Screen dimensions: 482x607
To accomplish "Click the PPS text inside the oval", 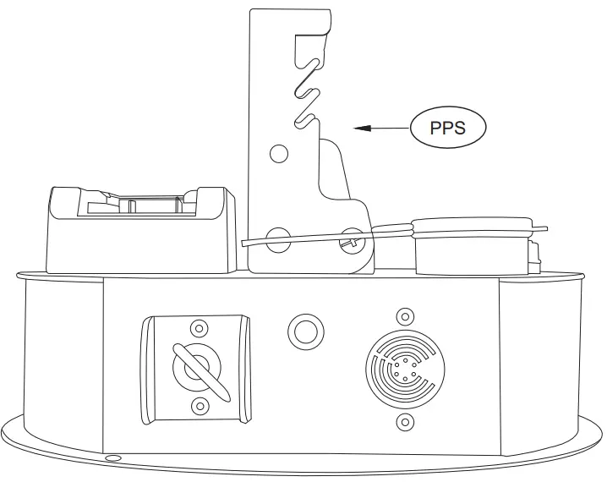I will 448,129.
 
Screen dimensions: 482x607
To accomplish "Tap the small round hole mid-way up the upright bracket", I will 278,153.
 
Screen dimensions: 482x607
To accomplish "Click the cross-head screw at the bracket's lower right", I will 349,243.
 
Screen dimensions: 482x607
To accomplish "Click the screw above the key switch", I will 200,327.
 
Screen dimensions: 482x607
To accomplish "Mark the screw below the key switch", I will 200,406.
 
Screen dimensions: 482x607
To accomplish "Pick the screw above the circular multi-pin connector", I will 405,317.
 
